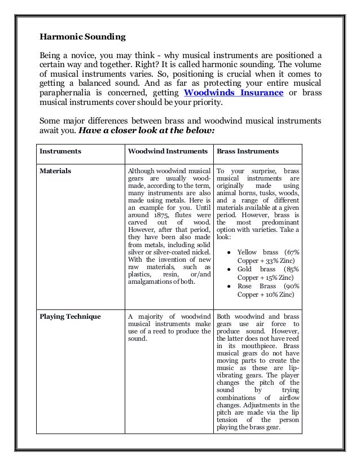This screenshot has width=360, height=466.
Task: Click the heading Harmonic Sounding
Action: point(82,38)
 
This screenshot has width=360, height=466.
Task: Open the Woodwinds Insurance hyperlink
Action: point(234,93)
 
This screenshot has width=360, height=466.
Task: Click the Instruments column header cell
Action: point(60,151)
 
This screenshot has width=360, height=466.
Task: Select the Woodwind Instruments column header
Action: point(166,151)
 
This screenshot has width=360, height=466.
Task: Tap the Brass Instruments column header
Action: point(248,151)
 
